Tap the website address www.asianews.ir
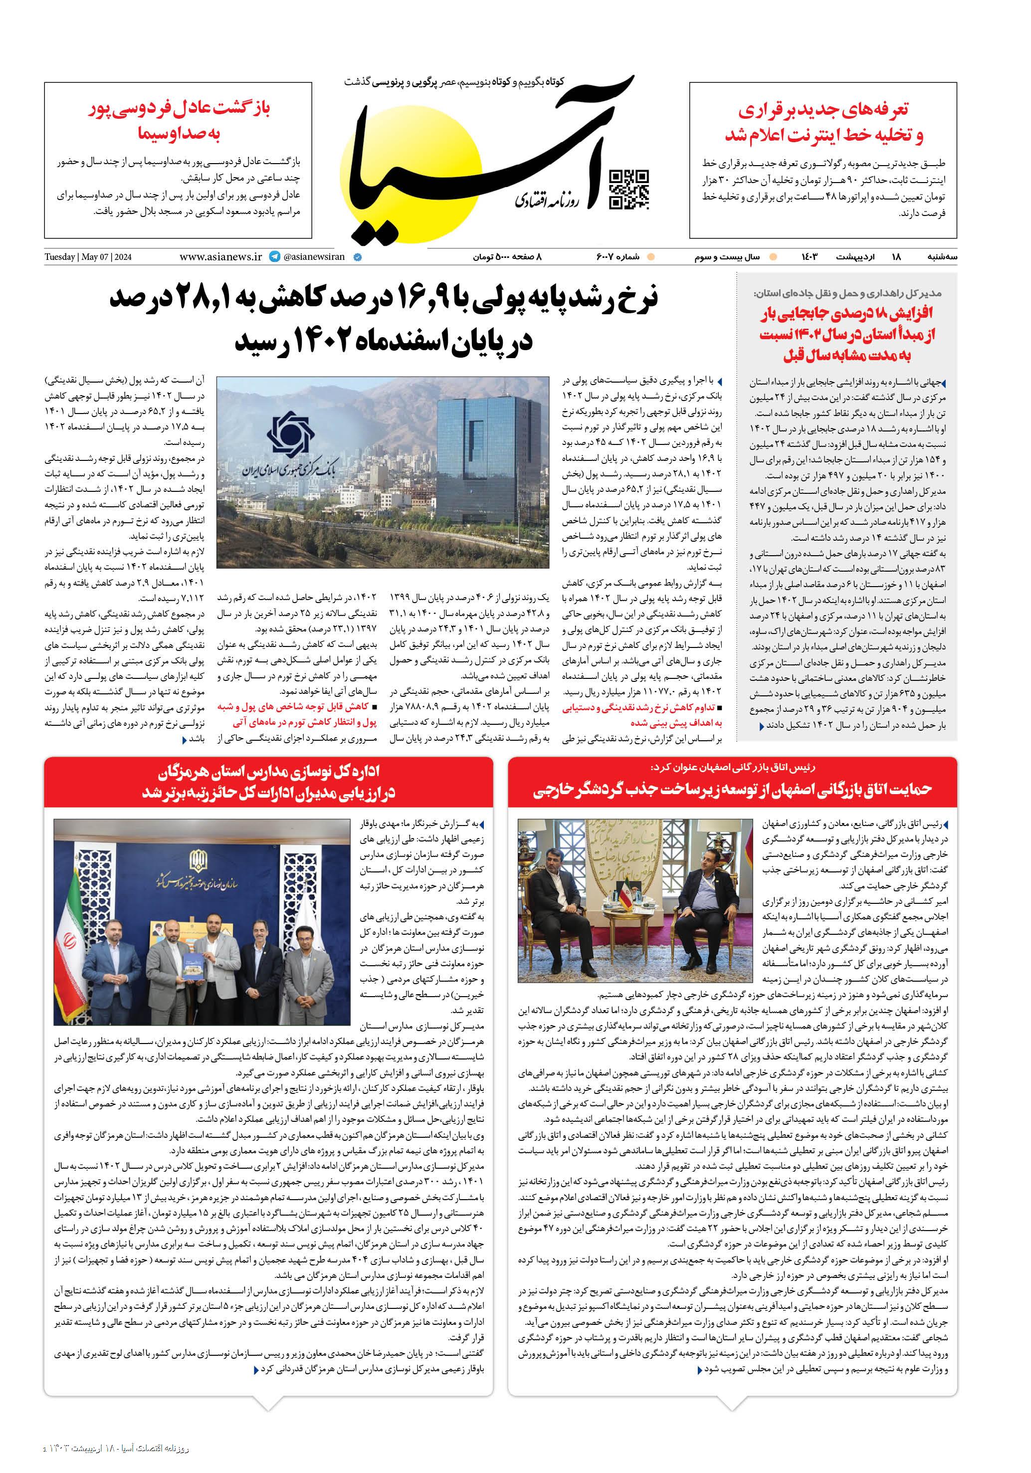pyautogui.click(x=220, y=256)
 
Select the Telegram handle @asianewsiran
pyautogui.click(x=313, y=256)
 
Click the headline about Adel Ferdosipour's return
pyautogui.click(x=179, y=120)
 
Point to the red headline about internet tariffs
pyautogui.click(x=824, y=122)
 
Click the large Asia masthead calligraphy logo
pyautogui.click(x=488, y=167)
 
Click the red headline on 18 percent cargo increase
pyautogui.click(x=847, y=334)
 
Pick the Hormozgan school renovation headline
pyautogui.click(x=268, y=782)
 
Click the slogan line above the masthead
pyautogui.click(x=454, y=82)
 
